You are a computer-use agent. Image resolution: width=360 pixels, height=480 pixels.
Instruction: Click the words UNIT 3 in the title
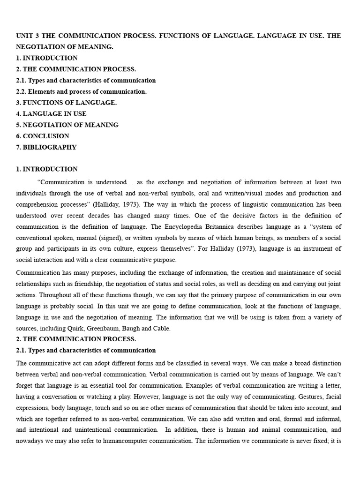[28, 36]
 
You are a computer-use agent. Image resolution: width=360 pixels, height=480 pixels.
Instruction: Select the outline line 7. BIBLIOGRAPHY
[46, 147]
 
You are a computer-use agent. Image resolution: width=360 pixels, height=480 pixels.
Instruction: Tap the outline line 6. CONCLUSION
[43, 136]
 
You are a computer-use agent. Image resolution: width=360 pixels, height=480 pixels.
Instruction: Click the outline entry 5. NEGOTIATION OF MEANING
[67, 125]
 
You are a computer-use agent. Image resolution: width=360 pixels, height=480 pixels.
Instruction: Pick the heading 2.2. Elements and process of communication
[81, 91]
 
